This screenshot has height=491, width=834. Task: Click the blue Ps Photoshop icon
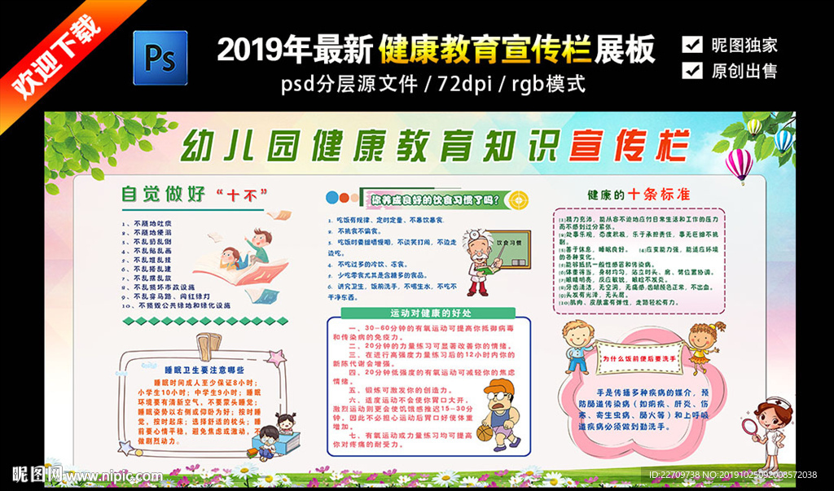[x=160, y=57]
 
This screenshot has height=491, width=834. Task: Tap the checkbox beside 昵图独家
[x=692, y=44]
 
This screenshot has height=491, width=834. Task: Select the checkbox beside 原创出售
[x=692, y=70]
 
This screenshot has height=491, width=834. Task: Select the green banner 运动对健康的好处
[x=432, y=313]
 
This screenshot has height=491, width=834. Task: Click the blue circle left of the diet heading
[x=331, y=198]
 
